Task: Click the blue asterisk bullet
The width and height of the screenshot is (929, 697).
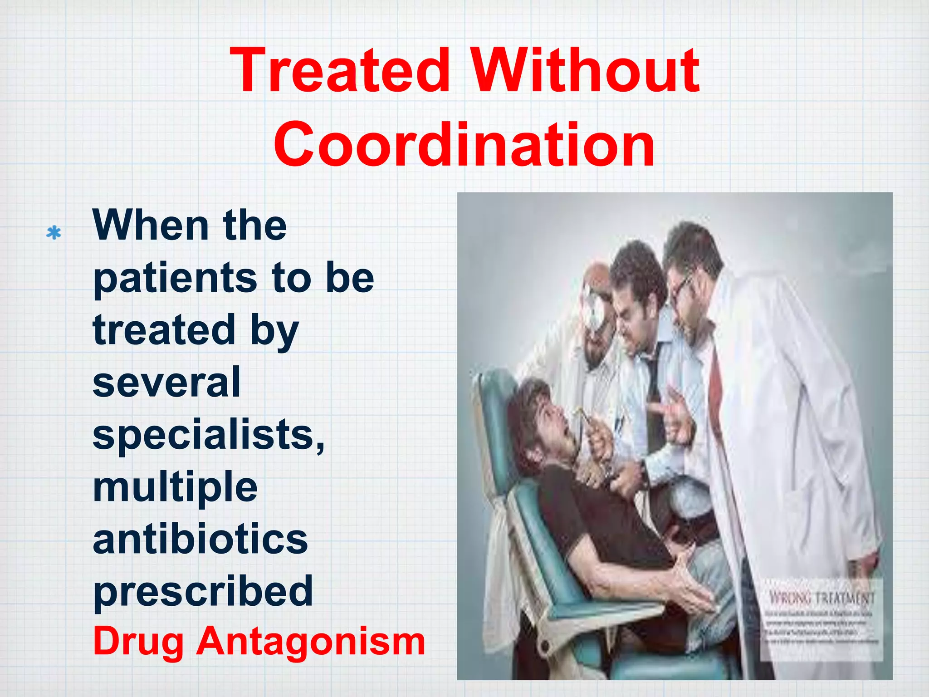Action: pyautogui.click(x=54, y=233)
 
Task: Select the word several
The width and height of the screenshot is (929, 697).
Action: pyautogui.click(x=166, y=383)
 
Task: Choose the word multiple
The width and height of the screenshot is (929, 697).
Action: pyautogui.click(x=175, y=488)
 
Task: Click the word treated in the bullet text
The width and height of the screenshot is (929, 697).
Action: pyautogui.click(x=163, y=330)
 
